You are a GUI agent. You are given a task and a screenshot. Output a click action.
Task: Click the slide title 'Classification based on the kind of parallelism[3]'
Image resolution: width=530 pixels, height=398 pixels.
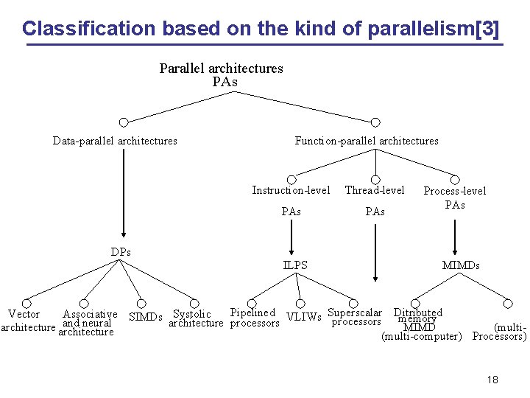(x=260, y=29)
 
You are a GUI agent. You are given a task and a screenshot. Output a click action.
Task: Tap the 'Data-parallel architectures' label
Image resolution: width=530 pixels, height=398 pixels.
(x=115, y=141)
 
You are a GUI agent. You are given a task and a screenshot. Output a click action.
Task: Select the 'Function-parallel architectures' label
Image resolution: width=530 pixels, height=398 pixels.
(x=366, y=141)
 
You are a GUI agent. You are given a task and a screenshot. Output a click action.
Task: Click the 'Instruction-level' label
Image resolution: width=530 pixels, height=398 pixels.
(x=291, y=190)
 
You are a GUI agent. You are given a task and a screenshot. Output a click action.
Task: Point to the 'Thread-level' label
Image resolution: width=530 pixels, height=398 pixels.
(x=375, y=190)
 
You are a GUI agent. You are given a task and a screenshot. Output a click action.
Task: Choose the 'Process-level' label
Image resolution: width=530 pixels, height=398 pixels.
(x=454, y=191)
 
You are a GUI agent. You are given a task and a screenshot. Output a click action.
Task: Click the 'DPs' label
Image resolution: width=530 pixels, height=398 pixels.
(x=121, y=251)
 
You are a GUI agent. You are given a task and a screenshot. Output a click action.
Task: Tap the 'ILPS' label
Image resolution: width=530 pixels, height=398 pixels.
(x=295, y=265)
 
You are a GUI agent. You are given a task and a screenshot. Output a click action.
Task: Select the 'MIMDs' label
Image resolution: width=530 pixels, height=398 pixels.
(x=460, y=265)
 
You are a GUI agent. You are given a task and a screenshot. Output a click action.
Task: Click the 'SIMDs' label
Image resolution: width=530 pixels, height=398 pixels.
(x=145, y=318)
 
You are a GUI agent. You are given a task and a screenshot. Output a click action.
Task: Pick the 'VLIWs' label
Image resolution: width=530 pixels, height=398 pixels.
(x=303, y=318)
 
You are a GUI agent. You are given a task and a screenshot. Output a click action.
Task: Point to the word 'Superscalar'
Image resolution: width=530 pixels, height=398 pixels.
(x=355, y=313)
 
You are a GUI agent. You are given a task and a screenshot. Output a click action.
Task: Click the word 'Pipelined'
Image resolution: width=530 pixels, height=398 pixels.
(x=252, y=313)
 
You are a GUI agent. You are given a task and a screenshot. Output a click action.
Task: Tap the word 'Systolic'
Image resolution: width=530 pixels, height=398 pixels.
(x=191, y=315)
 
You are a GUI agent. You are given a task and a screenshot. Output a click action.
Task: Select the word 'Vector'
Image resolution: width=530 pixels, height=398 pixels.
(x=24, y=315)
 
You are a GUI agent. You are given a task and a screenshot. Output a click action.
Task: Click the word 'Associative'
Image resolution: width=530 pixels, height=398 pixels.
(x=90, y=315)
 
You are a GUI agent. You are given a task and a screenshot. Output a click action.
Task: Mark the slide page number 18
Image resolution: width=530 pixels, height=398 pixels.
(x=492, y=380)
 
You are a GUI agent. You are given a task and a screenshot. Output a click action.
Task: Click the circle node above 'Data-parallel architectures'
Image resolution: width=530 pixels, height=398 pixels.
(x=124, y=122)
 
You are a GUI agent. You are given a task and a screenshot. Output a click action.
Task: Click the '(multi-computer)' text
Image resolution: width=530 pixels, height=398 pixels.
(x=421, y=337)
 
